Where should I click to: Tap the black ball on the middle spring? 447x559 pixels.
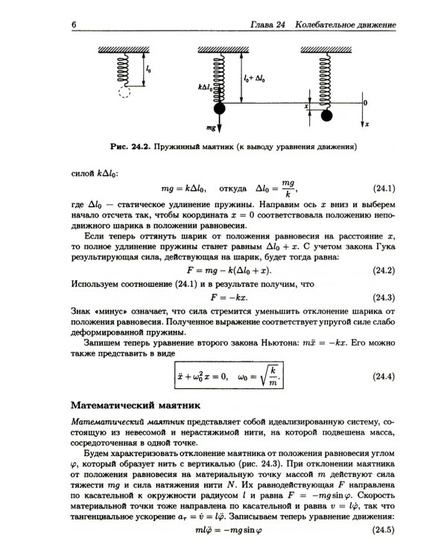tap(220, 110)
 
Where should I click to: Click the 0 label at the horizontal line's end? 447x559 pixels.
tap(365, 102)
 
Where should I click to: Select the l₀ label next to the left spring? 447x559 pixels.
tap(149, 69)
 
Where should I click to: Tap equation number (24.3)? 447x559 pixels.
tap(382, 296)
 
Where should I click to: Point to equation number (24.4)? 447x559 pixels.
tap(382, 376)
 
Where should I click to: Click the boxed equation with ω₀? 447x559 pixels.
tap(230, 376)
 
